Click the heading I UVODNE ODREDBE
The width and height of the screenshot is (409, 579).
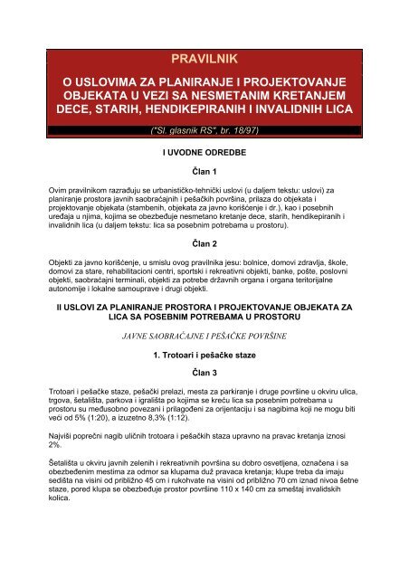[x=204, y=155]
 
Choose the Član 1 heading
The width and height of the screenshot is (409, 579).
[x=204, y=172]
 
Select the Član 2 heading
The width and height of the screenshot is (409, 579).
[x=204, y=244]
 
